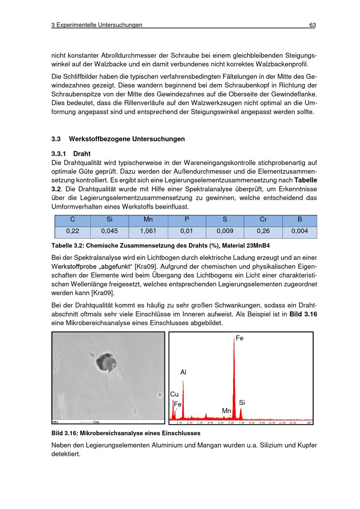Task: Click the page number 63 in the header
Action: coord(312,25)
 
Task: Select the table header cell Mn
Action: coord(148,220)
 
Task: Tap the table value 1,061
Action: coord(148,231)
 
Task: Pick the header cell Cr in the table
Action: coord(263,220)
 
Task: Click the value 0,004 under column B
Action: coord(300,231)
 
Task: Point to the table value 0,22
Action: coord(72,231)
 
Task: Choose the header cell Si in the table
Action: coord(109,220)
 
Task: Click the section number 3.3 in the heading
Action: coord(56,139)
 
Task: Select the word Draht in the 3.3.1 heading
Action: coord(82,154)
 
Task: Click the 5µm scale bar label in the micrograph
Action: coord(96,422)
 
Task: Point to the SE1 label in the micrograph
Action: coord(56,422)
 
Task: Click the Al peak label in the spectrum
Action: coord(183,372)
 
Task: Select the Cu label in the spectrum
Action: coord(174,395)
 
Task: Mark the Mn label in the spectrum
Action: coord(226,410)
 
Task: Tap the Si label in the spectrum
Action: coord(242,402)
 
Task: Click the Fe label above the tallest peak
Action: coord(240,338)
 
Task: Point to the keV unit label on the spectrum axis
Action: coord(309,423)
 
